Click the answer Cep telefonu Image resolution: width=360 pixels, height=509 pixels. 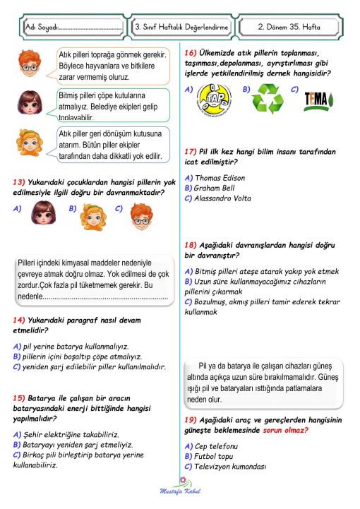tap(215, 446)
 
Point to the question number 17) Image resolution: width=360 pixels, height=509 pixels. tap(190, 152)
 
